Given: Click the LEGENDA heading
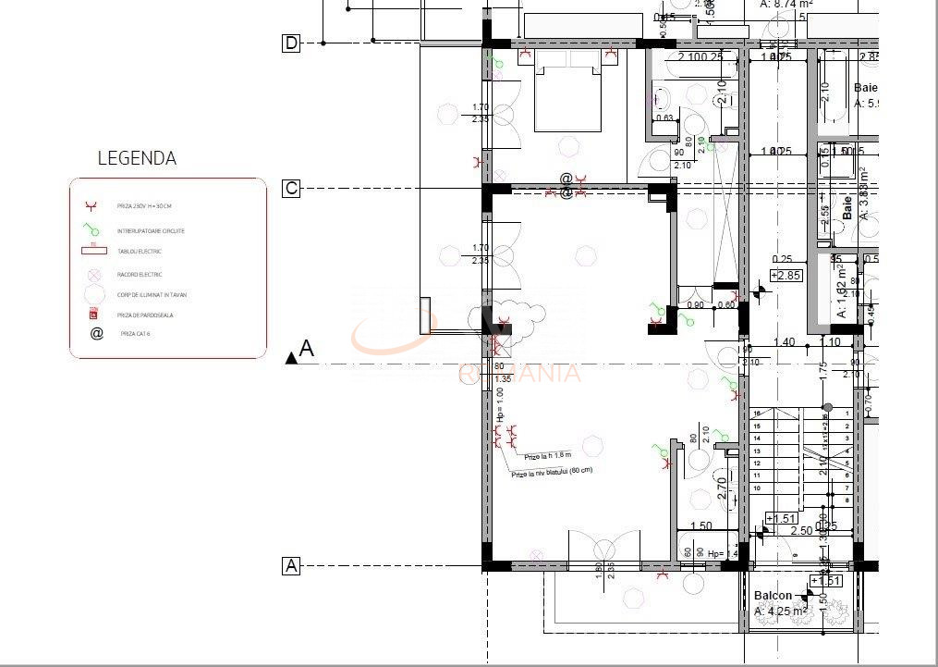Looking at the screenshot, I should pos(137,158).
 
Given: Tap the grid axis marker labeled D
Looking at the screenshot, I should pos(291,43).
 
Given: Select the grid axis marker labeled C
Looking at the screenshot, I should pos(291,189).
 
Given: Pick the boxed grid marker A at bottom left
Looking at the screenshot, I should pos(291,566).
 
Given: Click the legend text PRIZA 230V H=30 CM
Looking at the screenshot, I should pos(144,206).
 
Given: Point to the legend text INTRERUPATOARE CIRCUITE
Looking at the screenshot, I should pos(152,230).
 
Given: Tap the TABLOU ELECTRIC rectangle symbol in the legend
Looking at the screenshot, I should pos(94,249).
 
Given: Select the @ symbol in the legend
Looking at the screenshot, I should pos(96,333).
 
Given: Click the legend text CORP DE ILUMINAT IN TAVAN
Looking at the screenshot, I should pos(152,295).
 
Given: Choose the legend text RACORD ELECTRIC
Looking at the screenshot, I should pos(140,274).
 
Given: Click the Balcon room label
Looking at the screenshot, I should pos(773,596).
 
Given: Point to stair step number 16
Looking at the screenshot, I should pos(757,414).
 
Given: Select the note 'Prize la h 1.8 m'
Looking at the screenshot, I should pos(548,456).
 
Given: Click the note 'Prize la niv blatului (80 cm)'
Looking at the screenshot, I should pos(553,472).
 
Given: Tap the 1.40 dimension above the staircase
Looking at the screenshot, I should pos(784,342).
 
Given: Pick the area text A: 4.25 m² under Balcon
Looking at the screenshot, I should pos(782,611).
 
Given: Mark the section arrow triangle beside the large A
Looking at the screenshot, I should pos(292,357).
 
